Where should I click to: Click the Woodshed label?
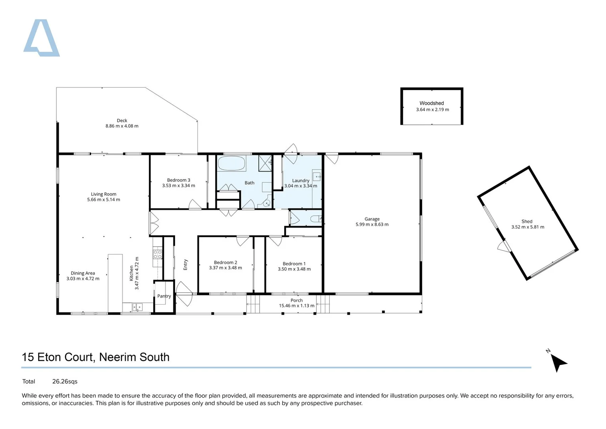click(431, 103)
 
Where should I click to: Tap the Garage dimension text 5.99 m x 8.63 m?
click(372, 224)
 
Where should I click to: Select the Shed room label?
click(527, 221)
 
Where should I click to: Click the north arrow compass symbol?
click(558, 362)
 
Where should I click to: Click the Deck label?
click(122, 120)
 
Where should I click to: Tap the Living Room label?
click(104, 194)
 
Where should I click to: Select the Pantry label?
click(164, 296)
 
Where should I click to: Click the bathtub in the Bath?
click(232, 163)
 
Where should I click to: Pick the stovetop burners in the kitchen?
click(158, 254)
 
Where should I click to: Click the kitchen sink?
click(137, 307)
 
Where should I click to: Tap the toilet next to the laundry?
click(316, 219)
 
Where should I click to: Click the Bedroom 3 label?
click(179, 180)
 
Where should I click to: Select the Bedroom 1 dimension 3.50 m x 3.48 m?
click(294, 269)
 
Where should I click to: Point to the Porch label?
click(296, 300)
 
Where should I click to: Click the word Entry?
click(185, 265)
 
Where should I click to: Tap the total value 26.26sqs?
click(65, 381)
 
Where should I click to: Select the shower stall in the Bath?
click(265, 163)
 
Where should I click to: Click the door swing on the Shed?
click(504, 247)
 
